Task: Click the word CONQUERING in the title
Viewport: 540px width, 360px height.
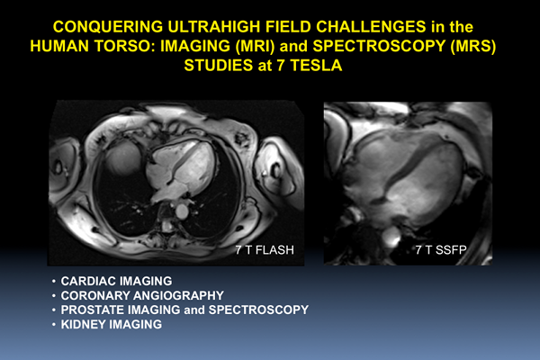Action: pos(108,27)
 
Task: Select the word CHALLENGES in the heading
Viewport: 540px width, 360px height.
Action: pos(371,27)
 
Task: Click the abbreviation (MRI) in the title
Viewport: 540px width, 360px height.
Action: pos(255,47)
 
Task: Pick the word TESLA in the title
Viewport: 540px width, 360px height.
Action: pos(316,66)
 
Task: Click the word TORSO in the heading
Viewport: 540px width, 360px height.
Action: pos(126,47)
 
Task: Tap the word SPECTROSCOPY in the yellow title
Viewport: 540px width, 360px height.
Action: pos(379,47)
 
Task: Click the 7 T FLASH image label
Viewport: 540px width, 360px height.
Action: pos(265,250)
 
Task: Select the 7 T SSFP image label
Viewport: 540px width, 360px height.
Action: pos(441,250)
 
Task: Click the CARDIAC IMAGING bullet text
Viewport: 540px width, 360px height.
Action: pos(116,281)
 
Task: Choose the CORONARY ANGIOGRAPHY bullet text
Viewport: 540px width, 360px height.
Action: pos(142,295)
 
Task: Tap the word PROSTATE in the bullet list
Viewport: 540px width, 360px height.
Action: pos(93,310)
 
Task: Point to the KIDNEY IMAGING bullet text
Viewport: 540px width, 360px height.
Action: pos(112,324)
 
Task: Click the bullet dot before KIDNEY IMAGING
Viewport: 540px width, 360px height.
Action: pos(54,325)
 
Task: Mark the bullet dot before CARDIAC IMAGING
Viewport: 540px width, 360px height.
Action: pos(54,282)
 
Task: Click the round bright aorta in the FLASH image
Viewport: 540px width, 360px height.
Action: pos(182,211)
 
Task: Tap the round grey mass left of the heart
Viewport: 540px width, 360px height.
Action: pos(123,159)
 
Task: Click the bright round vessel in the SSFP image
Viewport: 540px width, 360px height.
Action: pos(391,236)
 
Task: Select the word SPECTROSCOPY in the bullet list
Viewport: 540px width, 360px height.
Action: pos(258,310)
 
